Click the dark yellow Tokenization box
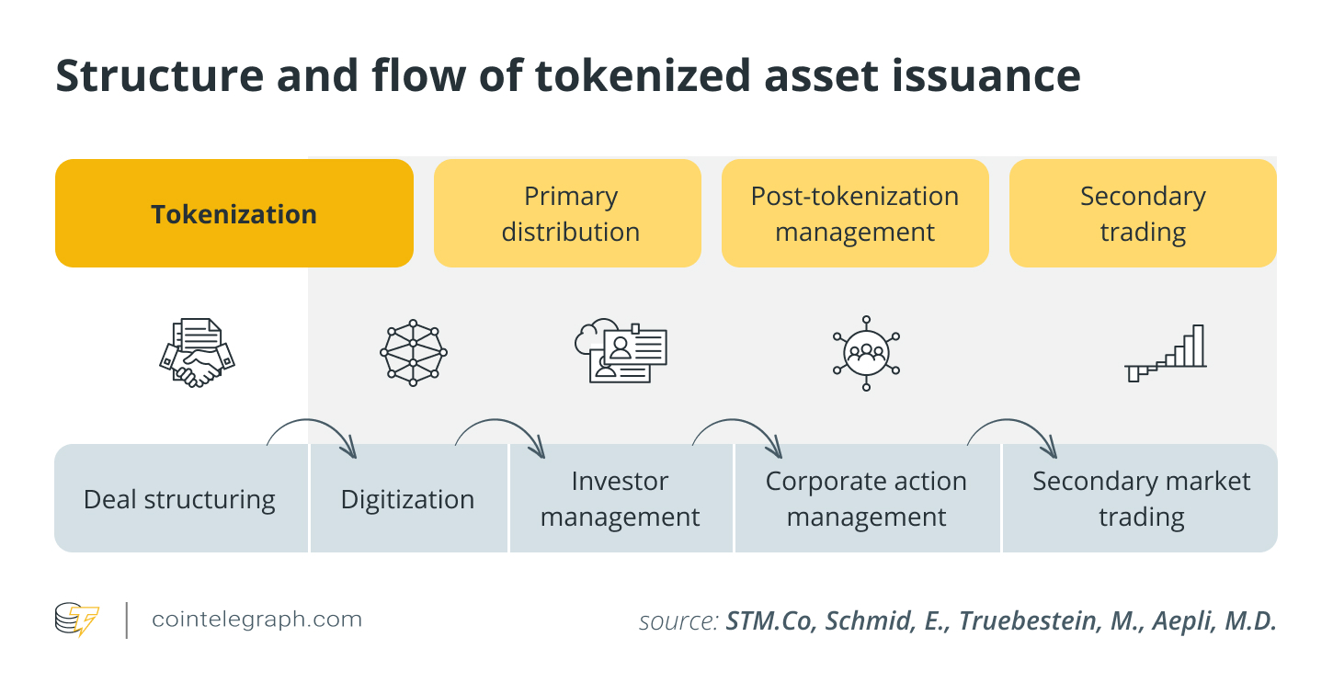(234, 214)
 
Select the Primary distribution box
(567, 214)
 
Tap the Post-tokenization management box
(855, 214)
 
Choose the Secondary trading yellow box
(1143, 214)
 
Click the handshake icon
(197, 352)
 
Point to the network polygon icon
(413, 352)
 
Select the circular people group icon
(866, 352)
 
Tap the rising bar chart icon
(1166, 353)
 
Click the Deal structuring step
(180, 499)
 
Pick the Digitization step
(408, 499)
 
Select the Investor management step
(621, 499)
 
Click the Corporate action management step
(866, 499)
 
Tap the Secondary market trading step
(1141, 499)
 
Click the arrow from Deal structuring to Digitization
(313, 432)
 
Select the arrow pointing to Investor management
(502, 432)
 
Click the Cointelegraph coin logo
(76, 620)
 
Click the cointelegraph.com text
(256, 620)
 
